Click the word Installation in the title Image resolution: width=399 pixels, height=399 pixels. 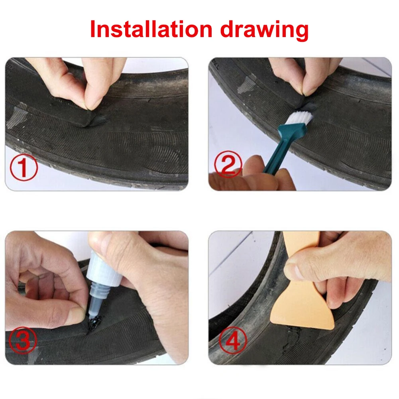(151, 29)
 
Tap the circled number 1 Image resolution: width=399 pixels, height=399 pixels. (24, 167)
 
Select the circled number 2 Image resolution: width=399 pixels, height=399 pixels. (228, 164)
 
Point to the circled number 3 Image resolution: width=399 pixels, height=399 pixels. (23, 340)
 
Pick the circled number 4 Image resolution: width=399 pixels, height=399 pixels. (233, 341)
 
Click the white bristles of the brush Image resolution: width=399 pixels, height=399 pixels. (301, 117)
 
